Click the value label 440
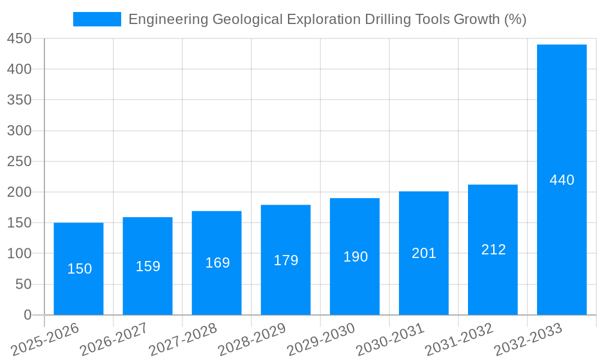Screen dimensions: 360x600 pos(562,180)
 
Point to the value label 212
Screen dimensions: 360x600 pos(493,250)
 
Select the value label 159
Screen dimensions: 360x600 pos(148,266)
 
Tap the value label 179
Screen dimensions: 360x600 pos(286,260)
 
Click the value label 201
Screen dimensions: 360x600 pos(424,253)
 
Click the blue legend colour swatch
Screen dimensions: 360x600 pos(97,19)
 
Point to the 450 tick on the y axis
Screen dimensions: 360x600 pos(19,38)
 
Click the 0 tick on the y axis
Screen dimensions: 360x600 pos(27,314)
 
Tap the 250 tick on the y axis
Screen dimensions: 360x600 pos(19,161)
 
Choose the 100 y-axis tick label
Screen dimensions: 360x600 pos(19,253)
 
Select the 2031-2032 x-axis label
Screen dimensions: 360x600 pos(458,339)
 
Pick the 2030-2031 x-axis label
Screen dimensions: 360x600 pos(389,339)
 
